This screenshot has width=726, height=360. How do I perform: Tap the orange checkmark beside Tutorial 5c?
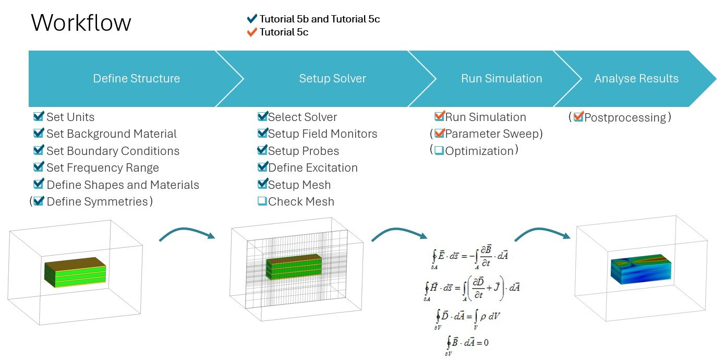tap(252, 32)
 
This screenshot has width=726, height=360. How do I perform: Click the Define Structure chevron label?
tap(136, 79)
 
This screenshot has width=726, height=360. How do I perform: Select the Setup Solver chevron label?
tap(332, 79)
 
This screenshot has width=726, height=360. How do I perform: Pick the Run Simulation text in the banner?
tap(501, 79)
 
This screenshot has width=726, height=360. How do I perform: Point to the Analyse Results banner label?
tap(636, 79)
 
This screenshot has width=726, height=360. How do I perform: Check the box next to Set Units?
tap(39, 116)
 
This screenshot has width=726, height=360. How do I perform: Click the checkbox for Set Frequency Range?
tap(39, 167)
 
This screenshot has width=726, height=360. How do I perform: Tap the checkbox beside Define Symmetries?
tap(39, 201)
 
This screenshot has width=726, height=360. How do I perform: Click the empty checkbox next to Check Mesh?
tap(262, 201)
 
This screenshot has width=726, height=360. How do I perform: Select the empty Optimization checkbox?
tap(439, 151)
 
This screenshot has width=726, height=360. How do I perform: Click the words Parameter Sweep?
tap(493, 134)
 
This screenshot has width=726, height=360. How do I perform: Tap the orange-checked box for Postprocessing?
tap(578, 117)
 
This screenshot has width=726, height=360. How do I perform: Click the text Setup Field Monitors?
tap(322, 134)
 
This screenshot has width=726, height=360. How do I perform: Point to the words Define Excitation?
tap(312, 168)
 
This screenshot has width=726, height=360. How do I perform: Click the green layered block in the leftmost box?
tap(75, 271)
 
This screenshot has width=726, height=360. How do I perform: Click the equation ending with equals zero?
tap(468, 343)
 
